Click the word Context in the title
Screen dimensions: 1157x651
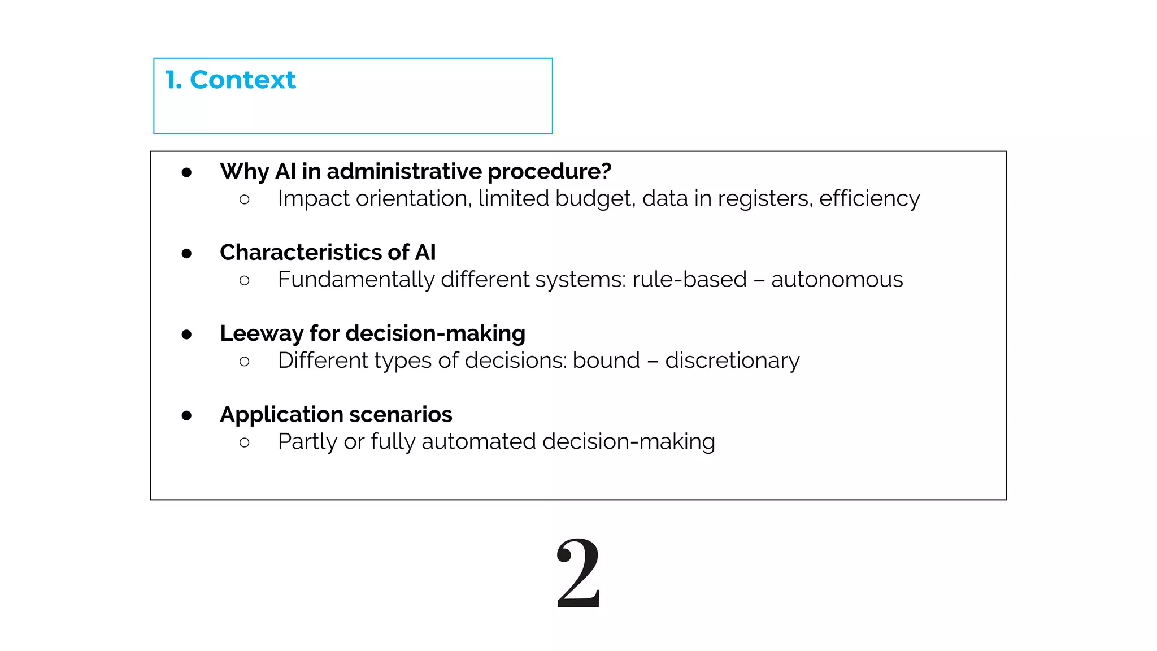click(x=243, y=80)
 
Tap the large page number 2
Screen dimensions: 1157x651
click(x=578, y=573)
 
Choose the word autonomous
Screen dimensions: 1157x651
click(x=837, y=279)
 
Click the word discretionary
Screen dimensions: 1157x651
click(x=732, y=361)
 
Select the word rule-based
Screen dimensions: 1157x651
click(x=689, y=279)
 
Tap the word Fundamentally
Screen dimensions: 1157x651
click(x=356, y=279)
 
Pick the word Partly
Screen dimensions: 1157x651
click(x=307, y=441)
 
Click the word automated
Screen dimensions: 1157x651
click(x=479, y=441)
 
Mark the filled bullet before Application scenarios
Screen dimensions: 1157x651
click(x=187, y=416)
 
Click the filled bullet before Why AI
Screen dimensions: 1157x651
click(x=187, y=173)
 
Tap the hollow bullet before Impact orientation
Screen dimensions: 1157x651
click(x=244, y=199)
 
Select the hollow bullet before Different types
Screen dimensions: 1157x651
click(x=244, y=362)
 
